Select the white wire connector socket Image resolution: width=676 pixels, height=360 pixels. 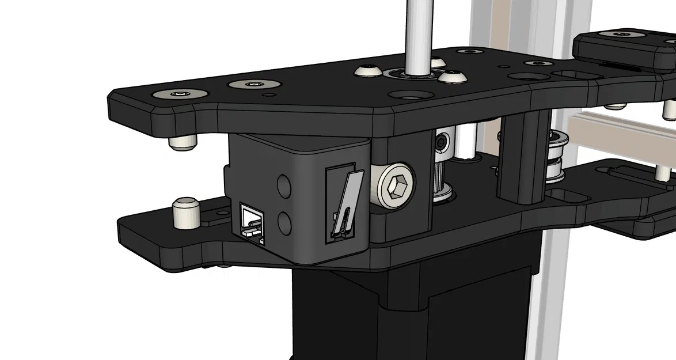[x=251, y=221]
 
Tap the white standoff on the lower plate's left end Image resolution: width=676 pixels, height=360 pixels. [x=186, y=211]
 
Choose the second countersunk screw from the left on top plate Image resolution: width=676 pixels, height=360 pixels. [x=253, y=85]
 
